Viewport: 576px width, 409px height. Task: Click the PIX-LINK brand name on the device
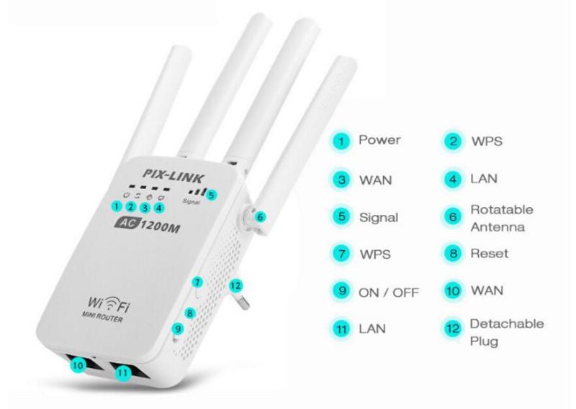click(x=172, y=175)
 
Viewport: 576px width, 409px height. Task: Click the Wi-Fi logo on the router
click(x=109, y=304)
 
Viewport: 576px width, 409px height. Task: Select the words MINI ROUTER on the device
click(x=102, y=317)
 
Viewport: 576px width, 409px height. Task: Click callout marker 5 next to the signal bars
click(x=211, y=195)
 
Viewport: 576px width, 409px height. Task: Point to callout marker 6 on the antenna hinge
click(x=260, y=217)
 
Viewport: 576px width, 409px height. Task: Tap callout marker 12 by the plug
click(x=235, y=285)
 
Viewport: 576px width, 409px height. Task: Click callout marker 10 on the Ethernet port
click(x=78, y=365)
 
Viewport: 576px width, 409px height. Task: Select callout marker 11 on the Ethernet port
click(x=123, y=373)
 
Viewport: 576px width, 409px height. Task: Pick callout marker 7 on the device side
click(x=197, y=282)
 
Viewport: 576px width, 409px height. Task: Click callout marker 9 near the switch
click(x=178, y=328)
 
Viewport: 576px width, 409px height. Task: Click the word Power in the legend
click(x=379, y=139)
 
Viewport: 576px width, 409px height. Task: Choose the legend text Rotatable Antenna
click(x=502, y=219)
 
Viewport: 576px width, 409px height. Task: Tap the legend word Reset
click(x=490, y=254)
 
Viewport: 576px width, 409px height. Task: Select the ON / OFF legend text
click(x=389, y=293)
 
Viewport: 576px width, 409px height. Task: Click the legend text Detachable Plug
click(x=507, y=333)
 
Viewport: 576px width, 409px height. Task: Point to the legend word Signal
click(x=379, y=218)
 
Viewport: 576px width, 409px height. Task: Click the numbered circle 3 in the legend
click(x=341, y=180)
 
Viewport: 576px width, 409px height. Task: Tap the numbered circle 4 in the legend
click(x=453, y=180)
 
